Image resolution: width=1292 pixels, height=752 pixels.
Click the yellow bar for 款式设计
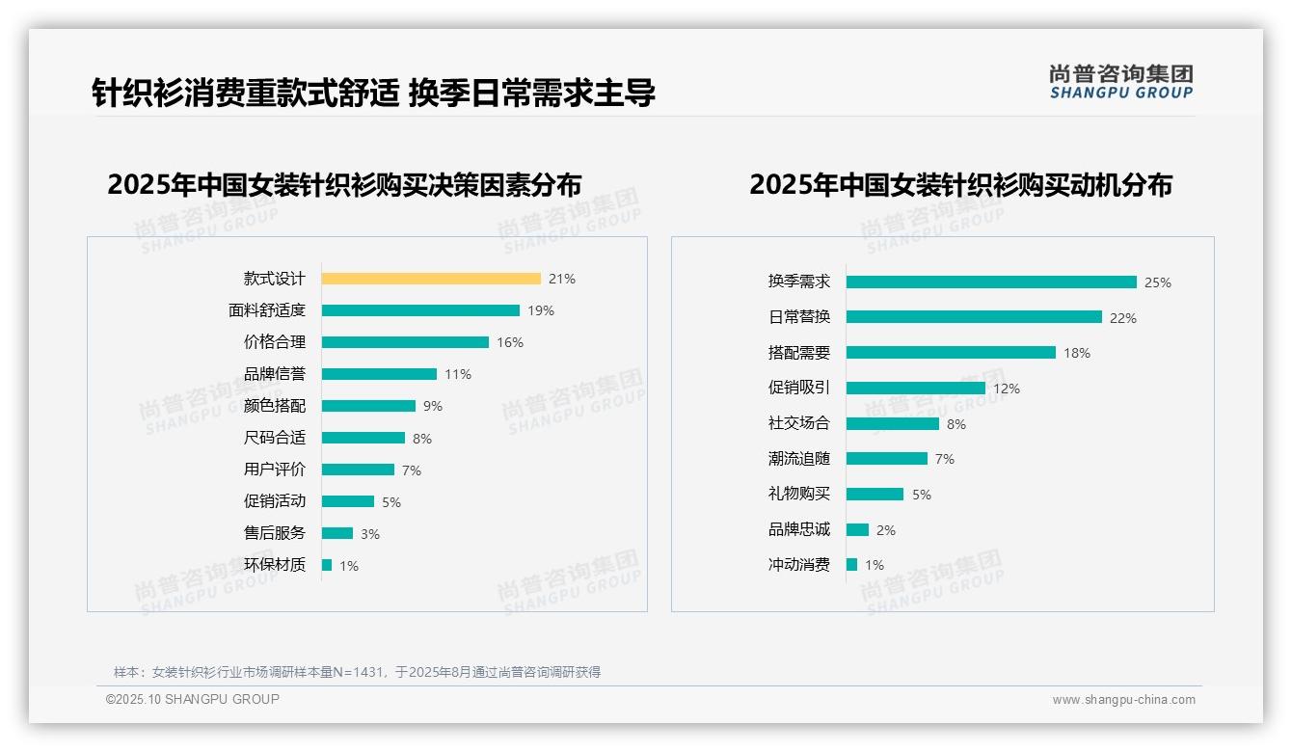[431, 279]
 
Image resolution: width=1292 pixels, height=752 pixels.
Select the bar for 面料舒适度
[420, 310]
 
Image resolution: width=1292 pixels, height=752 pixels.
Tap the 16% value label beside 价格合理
[510, 342]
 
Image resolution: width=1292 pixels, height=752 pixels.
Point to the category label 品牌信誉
[275, 374]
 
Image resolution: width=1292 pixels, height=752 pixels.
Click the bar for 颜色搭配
[368, 406]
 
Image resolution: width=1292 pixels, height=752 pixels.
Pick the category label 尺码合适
[275, 438]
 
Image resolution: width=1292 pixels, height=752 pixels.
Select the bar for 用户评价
[358, 470]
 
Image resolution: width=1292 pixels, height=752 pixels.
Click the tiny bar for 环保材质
[327, 565]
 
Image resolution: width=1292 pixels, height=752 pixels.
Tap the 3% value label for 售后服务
[370, 534]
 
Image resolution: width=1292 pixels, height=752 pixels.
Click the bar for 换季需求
[991, 282]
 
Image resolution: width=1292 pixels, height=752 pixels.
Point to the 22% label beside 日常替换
[1123, 318]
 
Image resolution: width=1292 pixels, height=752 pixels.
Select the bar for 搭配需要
[951, 353]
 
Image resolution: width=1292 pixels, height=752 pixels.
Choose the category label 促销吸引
[799, 388]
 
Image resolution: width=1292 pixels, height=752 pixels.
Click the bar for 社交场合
[893, 423]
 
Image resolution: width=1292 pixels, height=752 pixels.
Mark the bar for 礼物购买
[875, 494]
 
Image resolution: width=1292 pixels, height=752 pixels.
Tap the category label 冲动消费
[799, 565]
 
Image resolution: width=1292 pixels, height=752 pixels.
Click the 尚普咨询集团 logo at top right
[1121, 82]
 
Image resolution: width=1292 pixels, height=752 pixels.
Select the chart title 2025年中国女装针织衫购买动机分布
[960, 184]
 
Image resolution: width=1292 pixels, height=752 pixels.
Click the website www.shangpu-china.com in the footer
[1123, 700]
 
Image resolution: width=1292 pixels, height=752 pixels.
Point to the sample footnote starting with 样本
[357, 672]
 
